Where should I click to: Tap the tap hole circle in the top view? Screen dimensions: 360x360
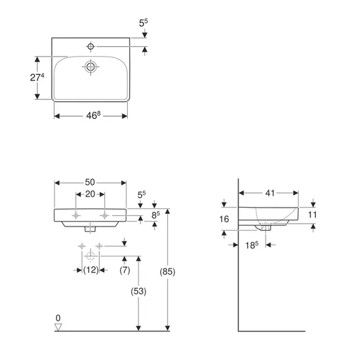[91, 47]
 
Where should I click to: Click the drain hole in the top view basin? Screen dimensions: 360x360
[90, 68]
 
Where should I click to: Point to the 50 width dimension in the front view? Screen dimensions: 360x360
[89, 183]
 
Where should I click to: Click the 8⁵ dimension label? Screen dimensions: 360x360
[158, 215]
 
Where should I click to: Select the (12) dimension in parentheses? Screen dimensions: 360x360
[91, 270]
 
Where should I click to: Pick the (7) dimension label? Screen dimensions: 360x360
[125, 270]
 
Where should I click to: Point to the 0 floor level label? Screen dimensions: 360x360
[58, 318]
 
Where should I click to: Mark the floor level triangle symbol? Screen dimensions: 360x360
[59, 326]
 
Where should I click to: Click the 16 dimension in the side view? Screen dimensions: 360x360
[224, 218]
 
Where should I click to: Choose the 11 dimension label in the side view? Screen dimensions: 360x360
[312, 215]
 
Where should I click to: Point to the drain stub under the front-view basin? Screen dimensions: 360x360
[90, 227]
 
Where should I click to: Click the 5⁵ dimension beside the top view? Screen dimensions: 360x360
[143, 23]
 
